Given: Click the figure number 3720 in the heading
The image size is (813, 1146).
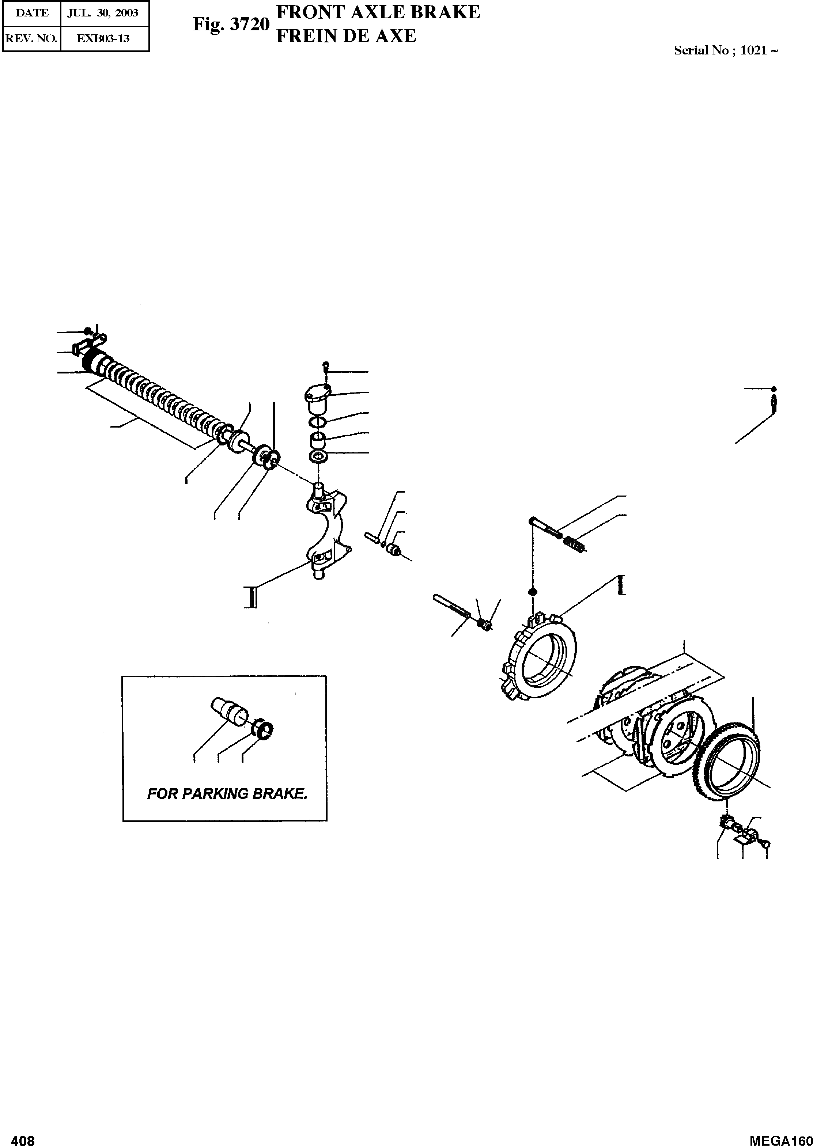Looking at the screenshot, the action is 249,24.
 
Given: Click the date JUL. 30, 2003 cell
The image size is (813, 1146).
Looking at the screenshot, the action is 105,13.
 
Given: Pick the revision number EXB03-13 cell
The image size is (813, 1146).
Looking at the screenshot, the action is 105,38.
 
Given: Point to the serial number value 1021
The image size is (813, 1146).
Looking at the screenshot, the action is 753,50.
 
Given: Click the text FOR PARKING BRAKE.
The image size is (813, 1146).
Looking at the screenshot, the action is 227,794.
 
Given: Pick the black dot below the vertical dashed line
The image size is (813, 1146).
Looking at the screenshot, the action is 533,592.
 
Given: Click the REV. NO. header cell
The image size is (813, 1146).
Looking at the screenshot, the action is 31,38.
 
